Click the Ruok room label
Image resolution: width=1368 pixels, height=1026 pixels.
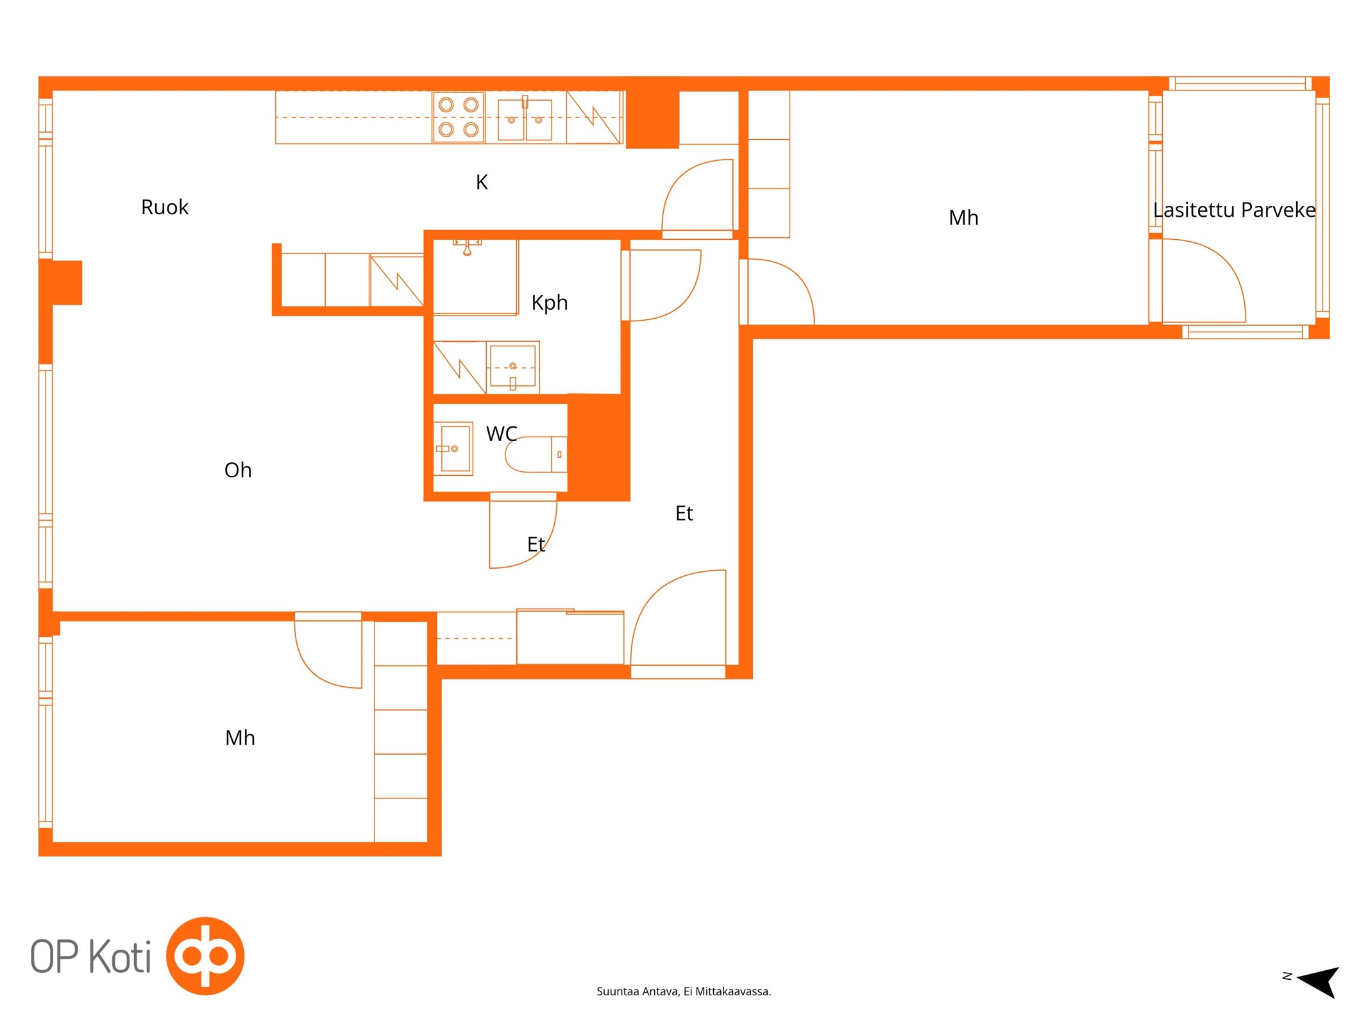165,207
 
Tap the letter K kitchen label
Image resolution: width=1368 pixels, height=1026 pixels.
482,183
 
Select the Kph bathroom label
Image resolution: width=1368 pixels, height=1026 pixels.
550,303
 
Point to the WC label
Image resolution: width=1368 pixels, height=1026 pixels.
502,434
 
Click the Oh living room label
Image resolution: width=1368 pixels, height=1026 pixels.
238,470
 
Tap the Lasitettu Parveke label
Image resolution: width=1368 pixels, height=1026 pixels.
1234,210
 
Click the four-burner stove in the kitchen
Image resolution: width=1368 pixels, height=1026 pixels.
459,117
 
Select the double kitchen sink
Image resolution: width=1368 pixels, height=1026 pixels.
525,119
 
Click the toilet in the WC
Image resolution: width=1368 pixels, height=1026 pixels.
536,454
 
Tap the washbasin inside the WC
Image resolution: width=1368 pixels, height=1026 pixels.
455,448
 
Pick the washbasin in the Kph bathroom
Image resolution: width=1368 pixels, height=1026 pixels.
512,367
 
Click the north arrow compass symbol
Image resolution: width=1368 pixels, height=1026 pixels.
1319,981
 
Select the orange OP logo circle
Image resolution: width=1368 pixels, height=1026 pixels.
205,955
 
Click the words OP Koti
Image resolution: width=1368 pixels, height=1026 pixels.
90,956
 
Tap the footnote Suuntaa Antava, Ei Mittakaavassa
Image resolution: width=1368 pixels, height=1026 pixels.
684,991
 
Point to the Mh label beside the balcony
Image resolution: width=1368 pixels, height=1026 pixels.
963,218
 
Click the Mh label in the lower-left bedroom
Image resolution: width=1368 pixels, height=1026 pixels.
240,738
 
